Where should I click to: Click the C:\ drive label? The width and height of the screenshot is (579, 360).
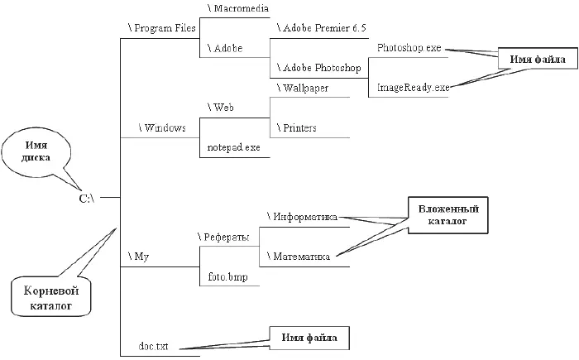87,199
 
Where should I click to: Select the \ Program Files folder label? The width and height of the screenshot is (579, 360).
161,27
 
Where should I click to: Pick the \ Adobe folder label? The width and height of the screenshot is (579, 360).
224,49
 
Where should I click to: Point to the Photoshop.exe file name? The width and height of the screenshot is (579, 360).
409,48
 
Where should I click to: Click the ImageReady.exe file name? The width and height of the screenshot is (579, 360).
413,87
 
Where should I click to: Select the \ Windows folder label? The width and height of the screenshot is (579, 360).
163,128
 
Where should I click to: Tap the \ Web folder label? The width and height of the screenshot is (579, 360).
221,108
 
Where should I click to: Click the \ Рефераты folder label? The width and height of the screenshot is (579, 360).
224,238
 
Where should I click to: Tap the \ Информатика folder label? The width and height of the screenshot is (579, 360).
302,217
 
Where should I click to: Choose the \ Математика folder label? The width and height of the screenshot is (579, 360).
299,257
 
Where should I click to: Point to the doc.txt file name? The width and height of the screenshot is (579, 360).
154,347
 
